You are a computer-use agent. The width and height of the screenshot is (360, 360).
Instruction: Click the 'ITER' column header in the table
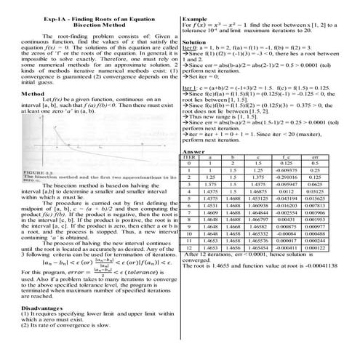(191, 157)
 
